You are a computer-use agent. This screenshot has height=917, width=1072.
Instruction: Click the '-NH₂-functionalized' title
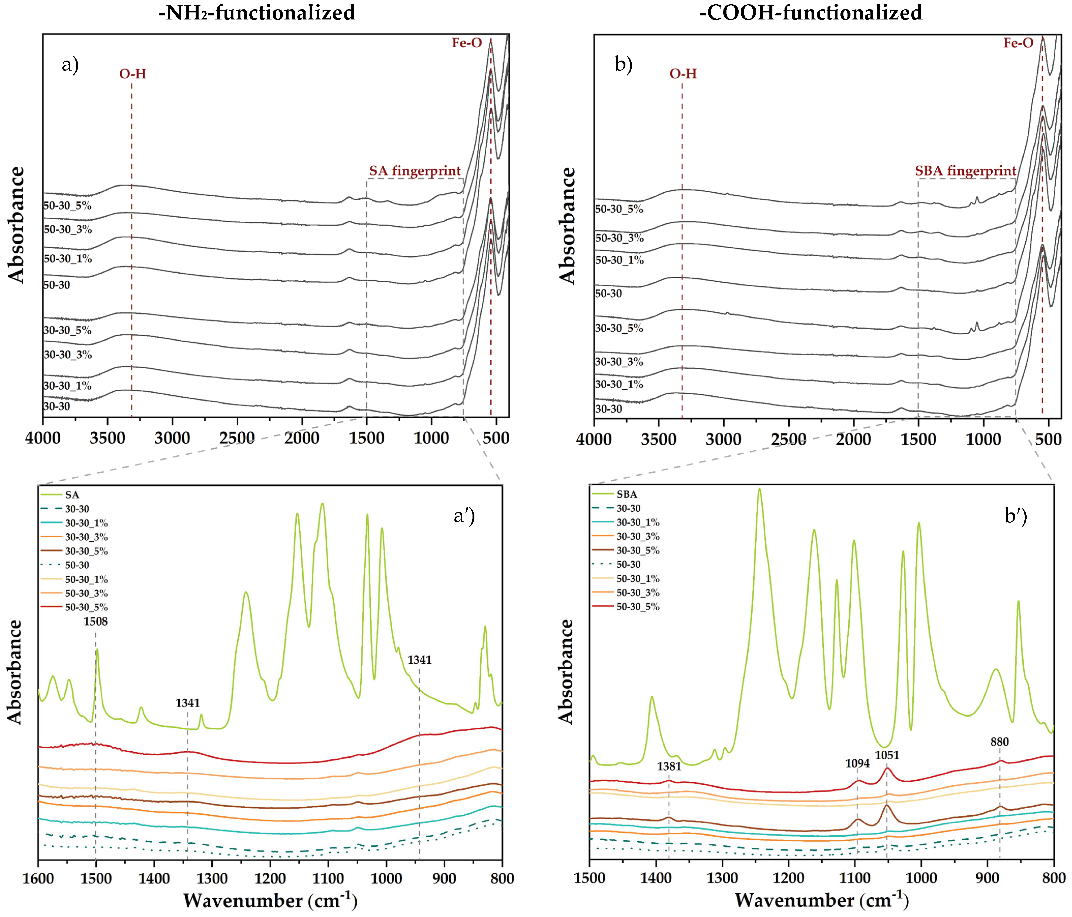click(257, 12)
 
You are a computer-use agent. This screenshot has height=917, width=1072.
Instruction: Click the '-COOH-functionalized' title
click(811, 12)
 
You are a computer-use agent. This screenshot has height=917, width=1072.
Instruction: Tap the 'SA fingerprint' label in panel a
click(415, 171)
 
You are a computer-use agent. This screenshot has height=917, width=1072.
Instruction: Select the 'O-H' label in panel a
click(132, 74)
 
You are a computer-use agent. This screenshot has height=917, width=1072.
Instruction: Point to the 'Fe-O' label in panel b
click(1018, 43)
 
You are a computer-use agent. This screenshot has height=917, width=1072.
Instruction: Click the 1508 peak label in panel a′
click(96, 621)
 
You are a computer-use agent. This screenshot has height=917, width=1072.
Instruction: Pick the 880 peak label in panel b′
click(1000, 742)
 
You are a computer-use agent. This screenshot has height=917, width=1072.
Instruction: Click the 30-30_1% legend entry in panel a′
click(86, 523)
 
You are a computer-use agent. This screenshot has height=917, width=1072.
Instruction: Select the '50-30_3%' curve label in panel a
click(68, 229)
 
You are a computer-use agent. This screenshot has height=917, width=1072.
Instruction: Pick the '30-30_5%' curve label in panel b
click(619, 328)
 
